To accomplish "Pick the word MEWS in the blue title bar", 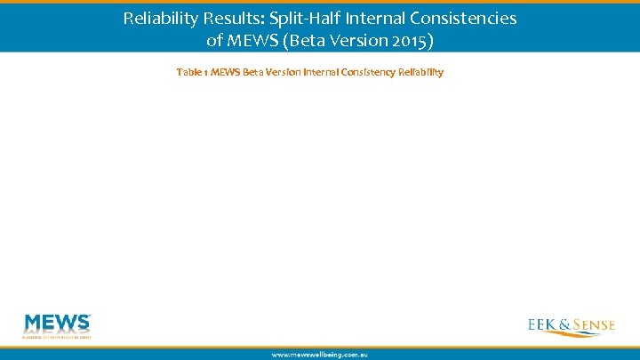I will pyautogui.click(x=251, y=41).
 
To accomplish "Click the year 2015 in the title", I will pyautogui.click(x=413, y=41).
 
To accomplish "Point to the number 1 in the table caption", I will pyautogui.click(x=205, y=72).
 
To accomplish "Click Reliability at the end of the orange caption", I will pyautogui.click(x=423, y=72).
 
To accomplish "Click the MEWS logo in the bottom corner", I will pyautogui.click(x=57, y=325).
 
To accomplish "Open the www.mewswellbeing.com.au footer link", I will pyautogui.click(x=319, y=354).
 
